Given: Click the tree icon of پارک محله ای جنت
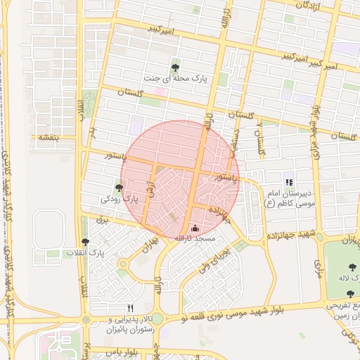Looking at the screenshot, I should click(x=175, y=67).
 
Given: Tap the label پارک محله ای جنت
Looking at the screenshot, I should click(x=175, y=80).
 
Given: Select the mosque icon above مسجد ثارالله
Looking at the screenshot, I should click(x=195, y=228).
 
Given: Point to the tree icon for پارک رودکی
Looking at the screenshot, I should click(x=119, y=188).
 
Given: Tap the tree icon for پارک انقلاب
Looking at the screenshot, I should click(x=86, y=241).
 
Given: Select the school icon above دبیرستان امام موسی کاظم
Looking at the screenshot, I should click(x=288, y=182).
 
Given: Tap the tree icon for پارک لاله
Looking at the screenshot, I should click(x=351, y=266).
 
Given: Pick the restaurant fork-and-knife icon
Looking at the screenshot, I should click(x=130, y=308).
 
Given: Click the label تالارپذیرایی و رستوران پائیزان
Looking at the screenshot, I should click(x=130, y=324).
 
